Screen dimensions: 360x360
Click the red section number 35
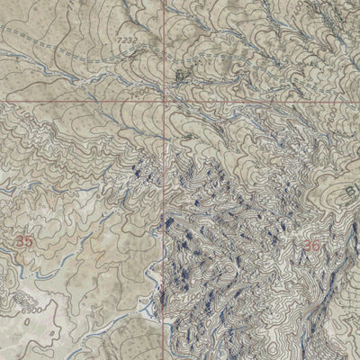tap(24, 240)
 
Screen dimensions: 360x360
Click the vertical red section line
tap(166, 225)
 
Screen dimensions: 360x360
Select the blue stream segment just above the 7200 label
tap(135, 79)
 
